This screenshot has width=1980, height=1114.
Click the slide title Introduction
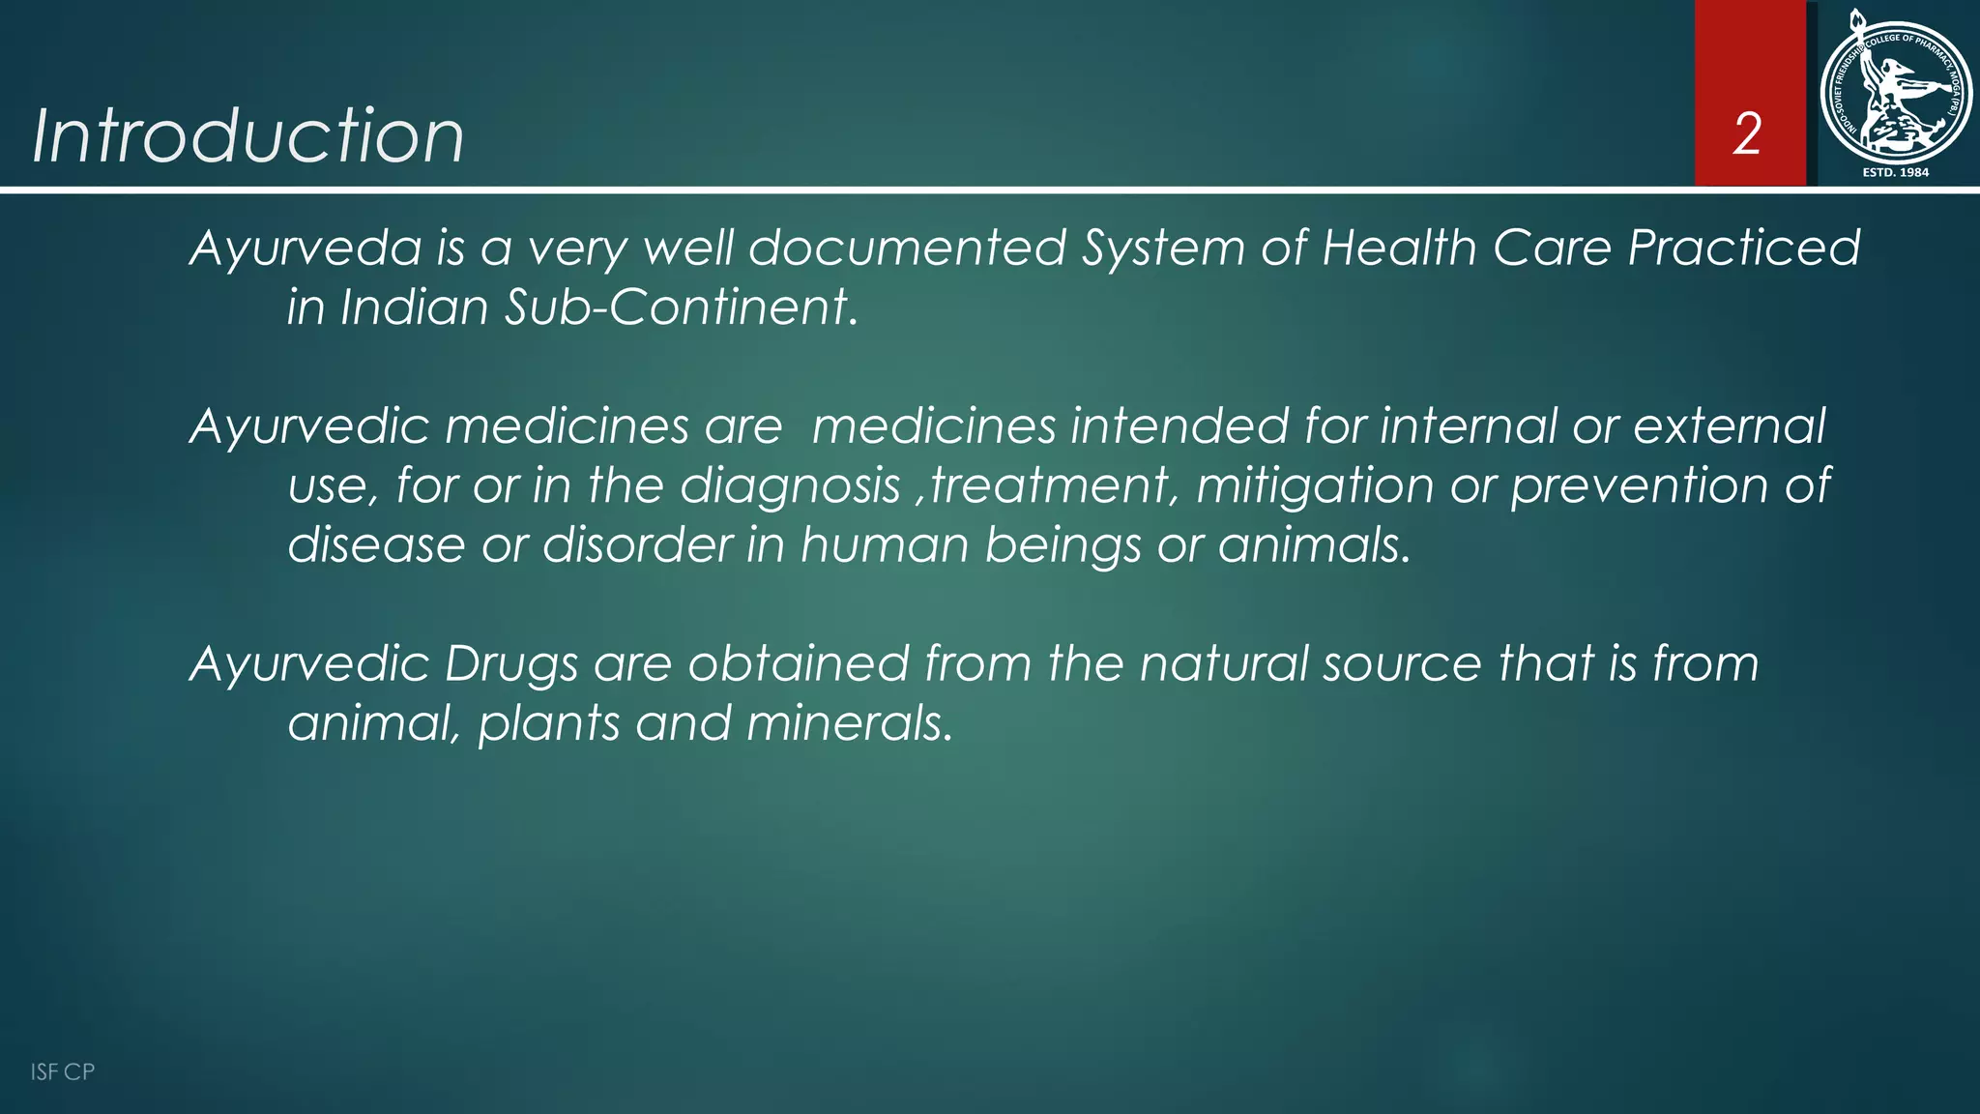point(248,135)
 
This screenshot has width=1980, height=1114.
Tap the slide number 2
point(1747,133)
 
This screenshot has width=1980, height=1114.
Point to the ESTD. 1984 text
point(1895,172)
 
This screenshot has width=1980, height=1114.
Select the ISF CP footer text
point(63,1071)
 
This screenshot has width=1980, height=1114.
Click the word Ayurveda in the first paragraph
point(306,249)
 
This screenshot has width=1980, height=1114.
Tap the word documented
point(907,249)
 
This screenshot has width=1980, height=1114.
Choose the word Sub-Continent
point(681,308)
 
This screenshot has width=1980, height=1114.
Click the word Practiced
point(1744,249)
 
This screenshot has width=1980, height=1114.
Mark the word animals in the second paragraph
point(1314,545)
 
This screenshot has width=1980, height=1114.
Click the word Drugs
point(510,664)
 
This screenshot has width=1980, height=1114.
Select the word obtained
point(799,664)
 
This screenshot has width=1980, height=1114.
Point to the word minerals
point(850,723)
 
